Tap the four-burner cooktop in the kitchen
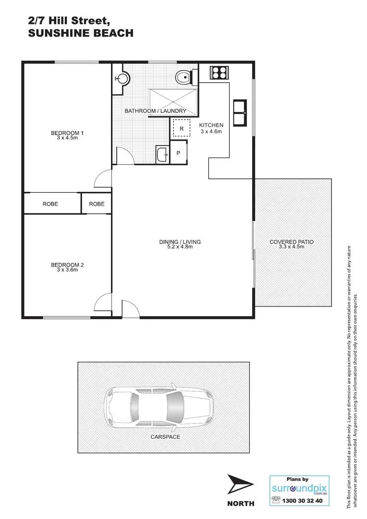point(219,73)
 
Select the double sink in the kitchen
point(240,112)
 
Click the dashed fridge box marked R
point(182,128)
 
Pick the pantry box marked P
point(178,153)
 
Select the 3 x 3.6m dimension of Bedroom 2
point(67,270)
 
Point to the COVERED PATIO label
point(292,242)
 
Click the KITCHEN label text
point(211,125)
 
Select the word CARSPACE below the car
point(165,437)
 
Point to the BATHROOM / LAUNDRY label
point(155,111)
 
